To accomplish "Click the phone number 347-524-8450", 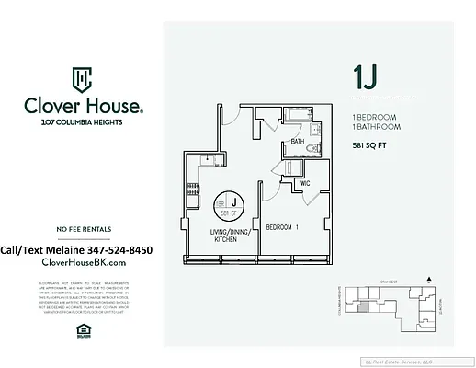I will [118, 249].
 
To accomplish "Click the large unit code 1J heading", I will [365, 77].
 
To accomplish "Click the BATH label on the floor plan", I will [297, 142].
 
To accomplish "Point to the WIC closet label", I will [306, 183].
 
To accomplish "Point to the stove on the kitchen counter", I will [192, 189].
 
